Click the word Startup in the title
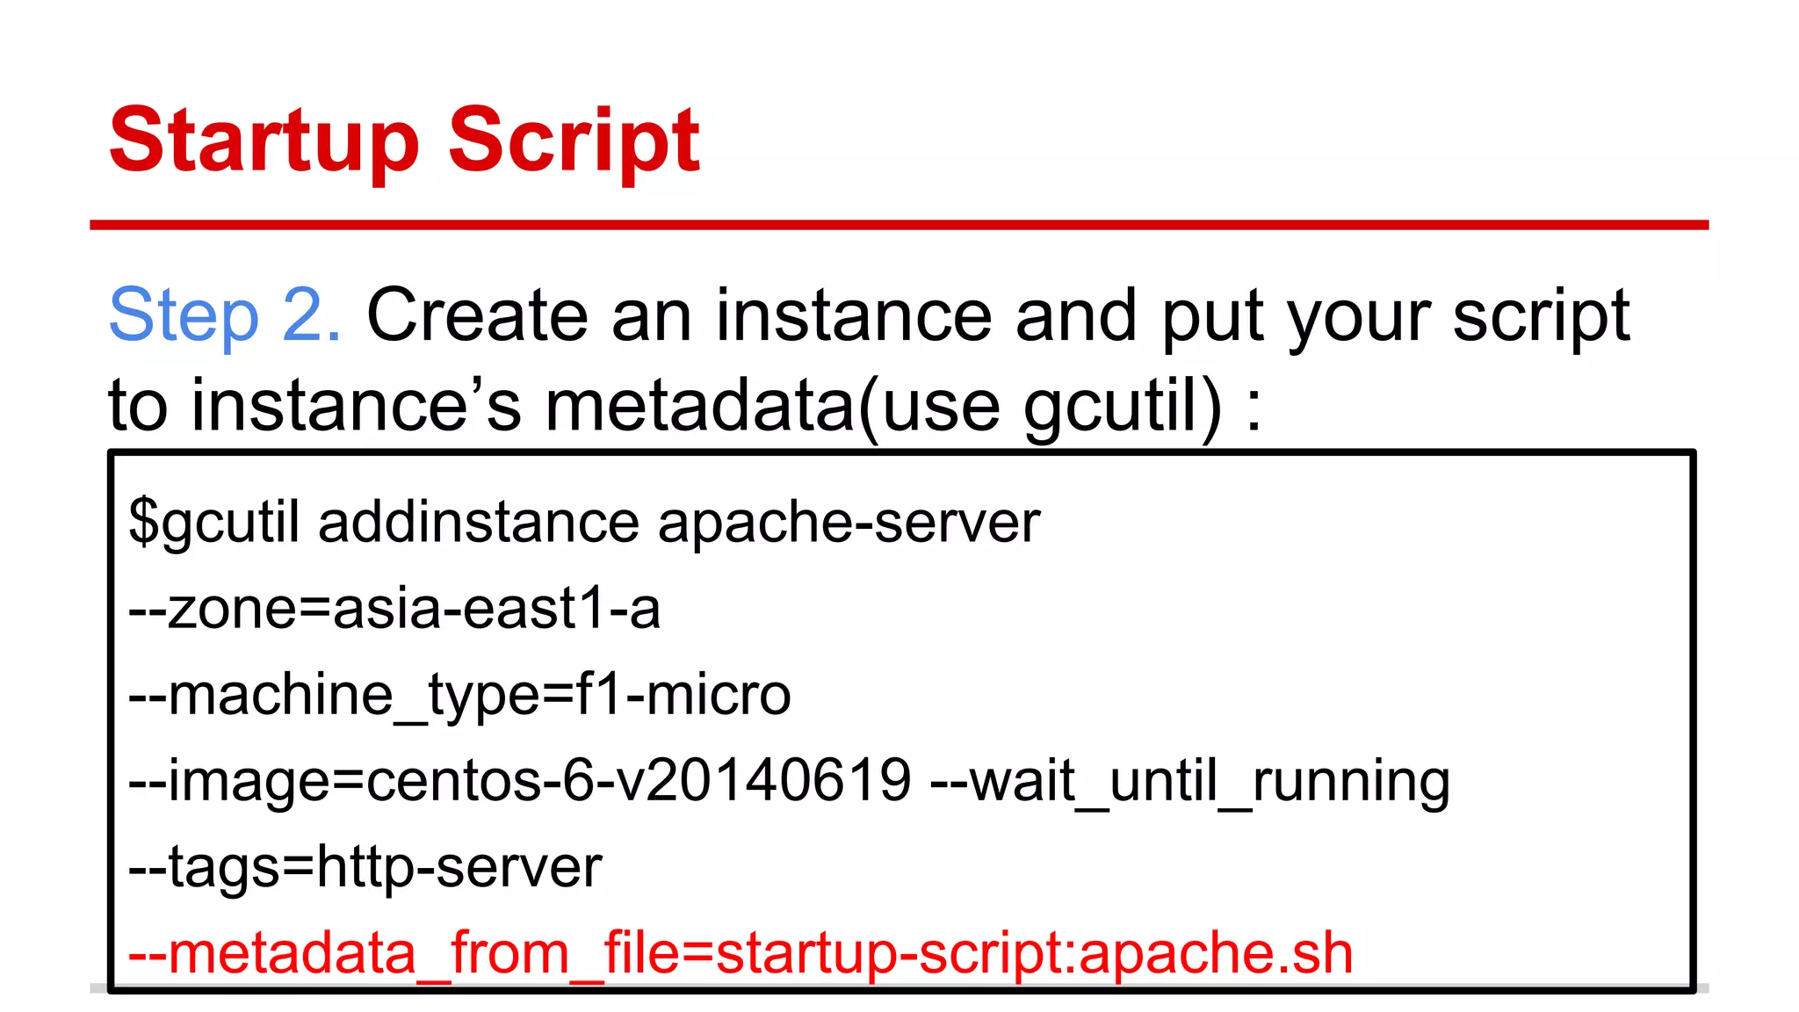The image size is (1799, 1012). (264, 141)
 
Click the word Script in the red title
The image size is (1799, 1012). (574, 141)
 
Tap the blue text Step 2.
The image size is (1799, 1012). (225, 315)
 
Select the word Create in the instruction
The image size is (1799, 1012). (477, 315)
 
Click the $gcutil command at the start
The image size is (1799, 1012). (214, 523)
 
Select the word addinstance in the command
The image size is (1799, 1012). (479, 523)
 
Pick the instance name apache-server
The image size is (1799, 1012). (849, 523)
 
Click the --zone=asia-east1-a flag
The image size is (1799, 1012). (394, 609)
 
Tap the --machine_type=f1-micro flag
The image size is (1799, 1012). (459, 695)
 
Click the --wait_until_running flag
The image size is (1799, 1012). (1189, 780)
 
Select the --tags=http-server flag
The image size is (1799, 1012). (365, 867)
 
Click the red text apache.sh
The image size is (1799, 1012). (1216, 953)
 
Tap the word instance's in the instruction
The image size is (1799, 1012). (357, 406)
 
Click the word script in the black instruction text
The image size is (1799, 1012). (1541, 315)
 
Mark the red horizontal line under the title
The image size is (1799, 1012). (899, 226)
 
